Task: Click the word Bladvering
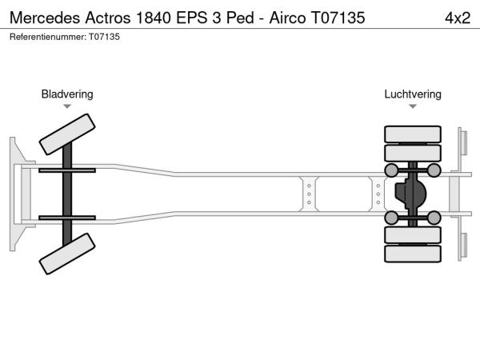(x=67, y=94)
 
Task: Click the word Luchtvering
(x=413, y=94)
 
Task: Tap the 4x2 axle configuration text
(x=457, y=18)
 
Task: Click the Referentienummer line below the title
(x=65, y=37)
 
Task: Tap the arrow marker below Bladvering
(x=67, y=106)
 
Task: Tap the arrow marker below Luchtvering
(x=413, y=106)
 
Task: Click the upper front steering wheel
(x=67, y=133)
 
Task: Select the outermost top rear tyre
(x=413, y=134)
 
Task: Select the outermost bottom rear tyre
(x=413, y=254)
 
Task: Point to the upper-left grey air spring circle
(x=392, y=170)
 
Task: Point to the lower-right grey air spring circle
(x=434, y=218)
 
